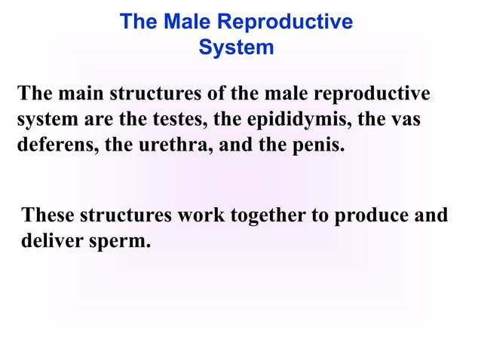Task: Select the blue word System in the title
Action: tap(236, 47)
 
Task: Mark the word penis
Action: tap(317, 144)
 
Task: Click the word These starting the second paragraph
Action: tap(49, 216)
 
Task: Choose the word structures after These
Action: tap(126, 216)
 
